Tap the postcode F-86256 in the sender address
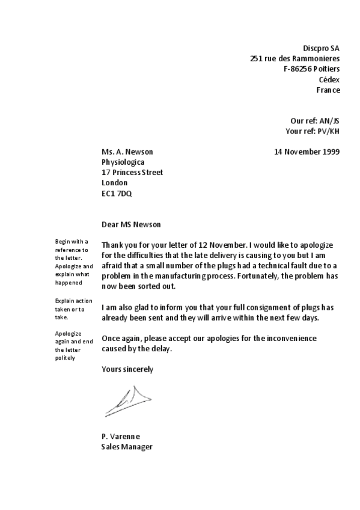pos(299,69)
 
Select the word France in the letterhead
pos(328,90)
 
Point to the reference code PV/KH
pos(328,131)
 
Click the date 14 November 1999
pos(307,152)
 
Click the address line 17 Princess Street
pos(132,172)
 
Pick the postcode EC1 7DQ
pos(117,193)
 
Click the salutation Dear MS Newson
pos(132,224)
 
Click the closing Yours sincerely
pos(127,369)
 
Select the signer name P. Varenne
pos(121,436)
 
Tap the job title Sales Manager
pos(127,447)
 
